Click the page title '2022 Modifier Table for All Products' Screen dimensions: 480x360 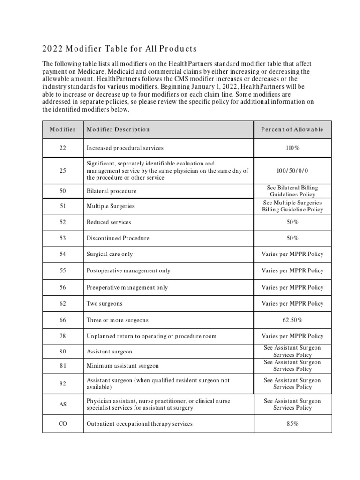(120, 49)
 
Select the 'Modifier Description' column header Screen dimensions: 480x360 (118, 129)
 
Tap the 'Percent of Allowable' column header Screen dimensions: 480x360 (292, 129)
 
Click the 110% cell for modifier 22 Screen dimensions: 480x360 (292, 148)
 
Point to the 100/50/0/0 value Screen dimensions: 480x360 (292, 171)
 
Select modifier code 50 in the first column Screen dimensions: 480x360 (63, 191)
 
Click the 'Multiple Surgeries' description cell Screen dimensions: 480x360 (110, 206)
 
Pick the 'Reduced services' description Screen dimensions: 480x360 (109, 222)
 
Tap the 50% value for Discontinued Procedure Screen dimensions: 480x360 (292, 238)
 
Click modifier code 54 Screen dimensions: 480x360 (63, 254)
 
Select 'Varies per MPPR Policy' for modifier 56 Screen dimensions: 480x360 (292, 287)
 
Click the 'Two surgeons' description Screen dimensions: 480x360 (105, 304)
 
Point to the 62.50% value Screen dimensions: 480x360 (292, 320)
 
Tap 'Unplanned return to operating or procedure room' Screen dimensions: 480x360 (151, 336)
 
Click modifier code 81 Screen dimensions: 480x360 (63, 366)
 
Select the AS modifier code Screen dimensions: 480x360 (63, 405)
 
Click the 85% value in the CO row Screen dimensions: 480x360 (292, 424)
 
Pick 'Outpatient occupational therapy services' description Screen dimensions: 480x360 (140, 424)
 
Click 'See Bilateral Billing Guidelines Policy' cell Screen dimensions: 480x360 (292, 191)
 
